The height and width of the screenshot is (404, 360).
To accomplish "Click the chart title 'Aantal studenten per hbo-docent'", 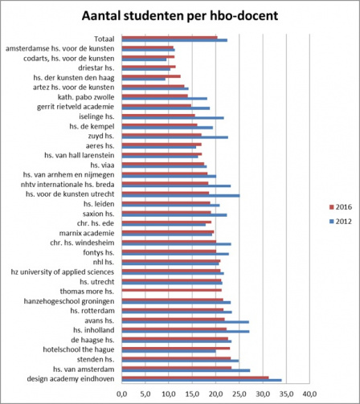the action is [180, 16].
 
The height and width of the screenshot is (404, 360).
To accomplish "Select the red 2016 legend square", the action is [332, 207].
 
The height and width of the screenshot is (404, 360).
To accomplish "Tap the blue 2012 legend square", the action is [332, 222].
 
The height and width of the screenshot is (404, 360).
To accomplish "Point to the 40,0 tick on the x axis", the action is [309, 394].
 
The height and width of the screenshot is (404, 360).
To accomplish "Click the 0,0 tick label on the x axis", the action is [121, 394].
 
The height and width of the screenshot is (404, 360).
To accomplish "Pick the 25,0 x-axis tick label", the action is [239, 394].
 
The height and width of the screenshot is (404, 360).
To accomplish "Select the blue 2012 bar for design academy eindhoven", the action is [202, 380].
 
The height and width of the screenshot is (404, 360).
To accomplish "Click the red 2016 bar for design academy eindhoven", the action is [195, 377].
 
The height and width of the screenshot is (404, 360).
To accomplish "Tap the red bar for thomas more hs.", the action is [171, 290].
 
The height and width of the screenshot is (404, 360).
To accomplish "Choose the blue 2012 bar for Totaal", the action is [174, 40].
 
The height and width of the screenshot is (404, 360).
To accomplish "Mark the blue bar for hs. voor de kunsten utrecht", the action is [181, 196].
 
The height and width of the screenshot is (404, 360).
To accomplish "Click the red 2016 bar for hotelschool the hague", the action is [176, 349].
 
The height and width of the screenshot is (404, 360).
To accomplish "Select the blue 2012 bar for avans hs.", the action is [185, 322].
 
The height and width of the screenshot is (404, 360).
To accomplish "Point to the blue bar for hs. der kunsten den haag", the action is [143, 80].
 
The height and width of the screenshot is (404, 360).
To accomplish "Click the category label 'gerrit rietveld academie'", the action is [76, 107].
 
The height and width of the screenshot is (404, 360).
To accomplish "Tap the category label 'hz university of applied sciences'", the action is [63, 272].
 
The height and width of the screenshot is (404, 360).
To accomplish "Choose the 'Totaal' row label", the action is [104, 39].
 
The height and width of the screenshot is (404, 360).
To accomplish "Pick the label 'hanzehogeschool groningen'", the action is [69, 301].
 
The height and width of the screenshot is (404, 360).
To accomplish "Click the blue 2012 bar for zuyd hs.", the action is [175, 137].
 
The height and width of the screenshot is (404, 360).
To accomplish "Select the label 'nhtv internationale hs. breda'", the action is [67, 185].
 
